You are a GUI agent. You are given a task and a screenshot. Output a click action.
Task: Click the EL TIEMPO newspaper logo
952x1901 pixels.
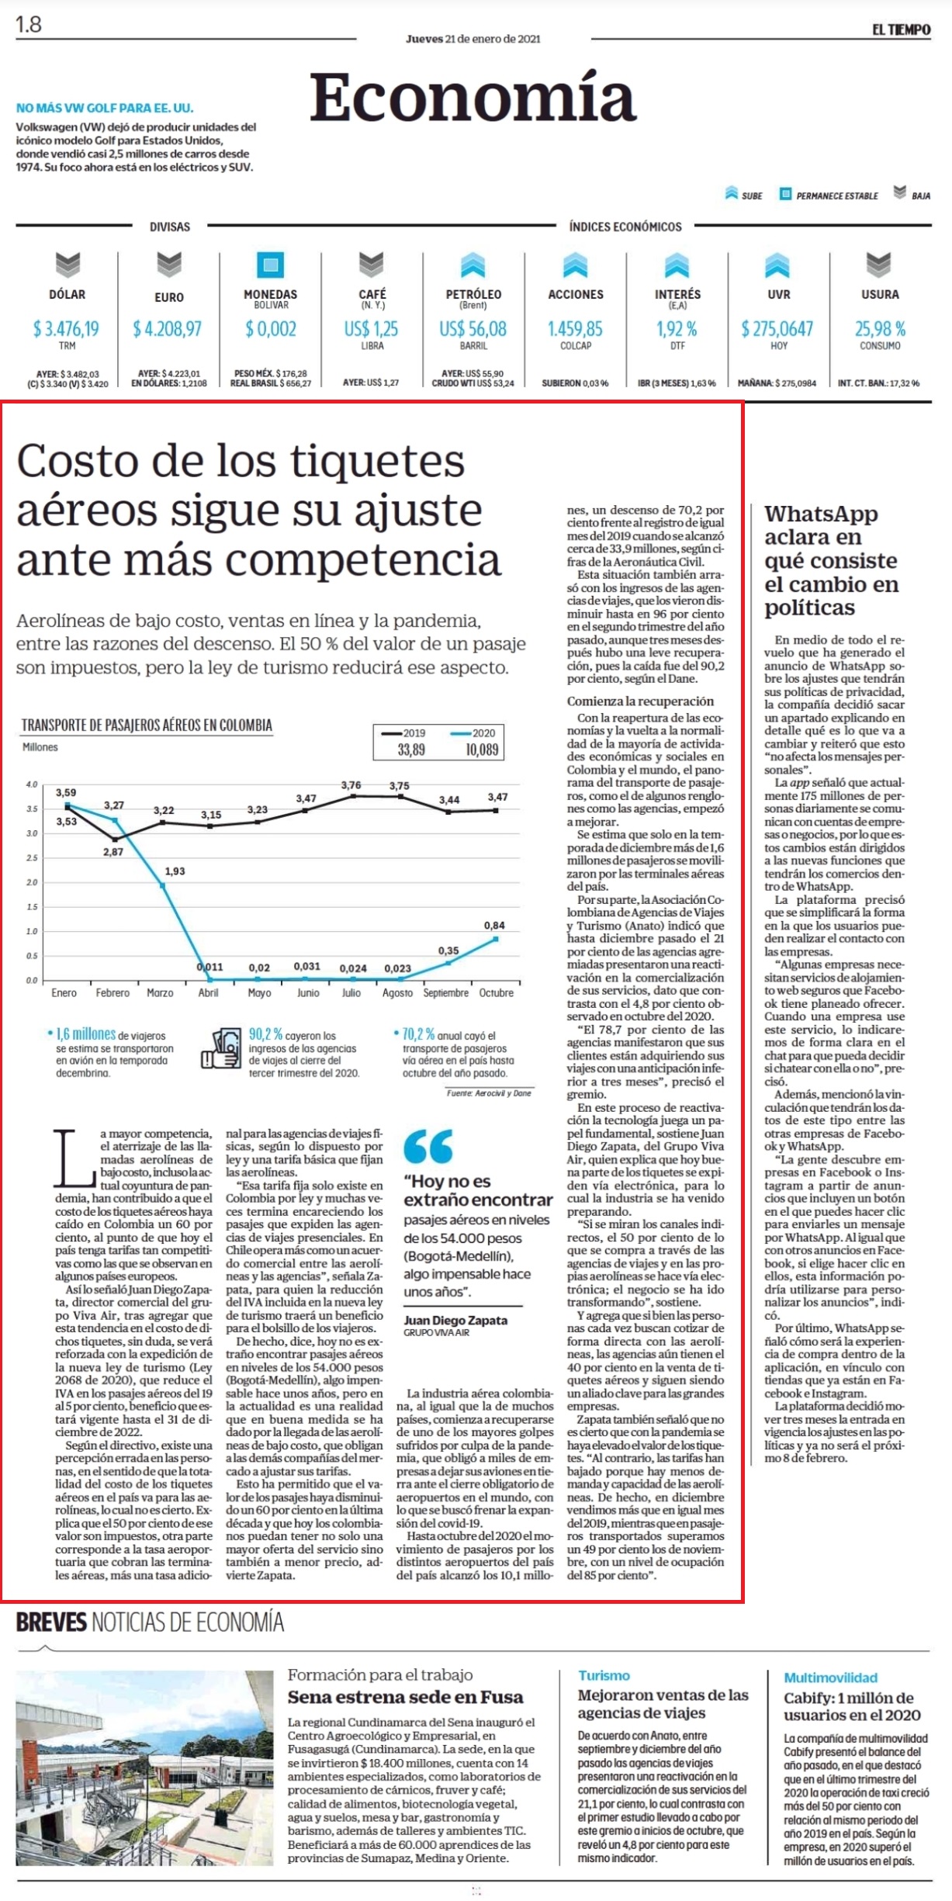(901, 29)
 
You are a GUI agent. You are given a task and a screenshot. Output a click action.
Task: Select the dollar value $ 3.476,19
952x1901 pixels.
(66, 329)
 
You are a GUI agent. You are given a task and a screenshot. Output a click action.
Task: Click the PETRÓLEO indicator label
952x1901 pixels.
(473, 294)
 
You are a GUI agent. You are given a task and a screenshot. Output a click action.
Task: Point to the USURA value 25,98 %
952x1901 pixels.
(880, 329)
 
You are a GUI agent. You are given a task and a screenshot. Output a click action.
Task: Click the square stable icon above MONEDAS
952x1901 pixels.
(270, 265)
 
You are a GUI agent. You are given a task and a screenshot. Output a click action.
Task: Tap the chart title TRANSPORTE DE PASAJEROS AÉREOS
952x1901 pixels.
(147, 725)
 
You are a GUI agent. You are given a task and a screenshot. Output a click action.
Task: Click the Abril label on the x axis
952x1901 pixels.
(208, 992)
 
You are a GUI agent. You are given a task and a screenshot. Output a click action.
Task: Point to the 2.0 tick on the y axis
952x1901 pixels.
(31, 882)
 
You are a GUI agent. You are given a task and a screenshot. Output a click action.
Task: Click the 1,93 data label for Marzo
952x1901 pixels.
(175, 871)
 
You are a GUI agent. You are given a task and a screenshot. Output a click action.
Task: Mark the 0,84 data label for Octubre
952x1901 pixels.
(494, 925)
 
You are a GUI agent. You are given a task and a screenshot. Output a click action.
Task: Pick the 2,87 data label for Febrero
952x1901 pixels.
(113, 851)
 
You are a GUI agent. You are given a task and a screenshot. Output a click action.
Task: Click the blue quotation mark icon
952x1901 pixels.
(428, 1146)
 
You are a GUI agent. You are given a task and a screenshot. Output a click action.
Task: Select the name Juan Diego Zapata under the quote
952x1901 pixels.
(455, 1320)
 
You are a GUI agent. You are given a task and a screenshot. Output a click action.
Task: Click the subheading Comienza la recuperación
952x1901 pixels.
(640, 701)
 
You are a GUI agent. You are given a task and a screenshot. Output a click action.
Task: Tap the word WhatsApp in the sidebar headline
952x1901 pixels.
(821, 514)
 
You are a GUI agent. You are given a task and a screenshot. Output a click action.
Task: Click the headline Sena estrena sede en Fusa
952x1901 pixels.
(405, 1696)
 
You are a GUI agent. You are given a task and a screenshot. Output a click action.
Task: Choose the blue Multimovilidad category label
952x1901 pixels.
(830, 1678)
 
